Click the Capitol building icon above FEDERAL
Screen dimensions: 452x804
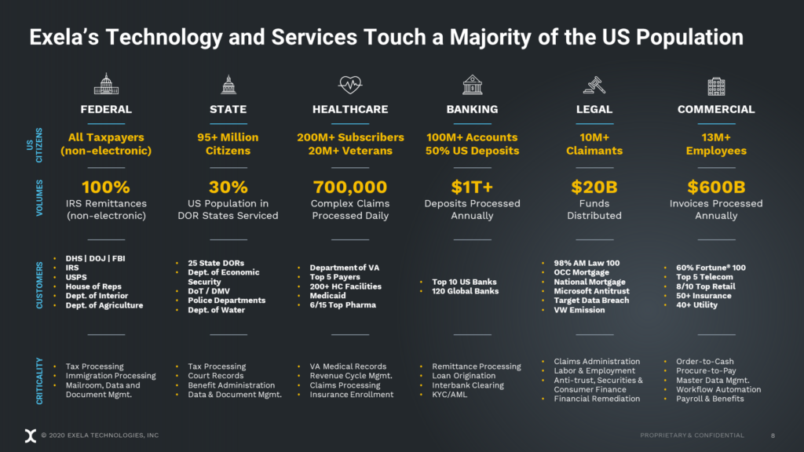pyautogui.click(x=106, y=84)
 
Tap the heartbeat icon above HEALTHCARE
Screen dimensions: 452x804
pyautogui.click(x=350, y=84)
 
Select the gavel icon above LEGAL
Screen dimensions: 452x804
pyautogui.click(x=594, y=84)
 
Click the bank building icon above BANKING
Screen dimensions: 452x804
pyautogui.click(x=472, y=84)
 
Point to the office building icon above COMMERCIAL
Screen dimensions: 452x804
pyautogui.click(x=716, y=85)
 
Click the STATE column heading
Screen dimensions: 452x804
pyautogui.click(x=228, y=109)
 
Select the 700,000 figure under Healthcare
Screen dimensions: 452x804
pyautogui.click(x=350, y=187)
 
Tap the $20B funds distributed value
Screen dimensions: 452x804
pyautogui.click(x=594, y=187)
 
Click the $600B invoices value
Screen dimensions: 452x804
pyautogui.click(x=716, y=187)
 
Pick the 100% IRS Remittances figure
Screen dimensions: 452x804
pyautogui.click(x=106, y=187)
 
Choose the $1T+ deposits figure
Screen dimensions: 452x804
pyautogui.click(x=472, y=187)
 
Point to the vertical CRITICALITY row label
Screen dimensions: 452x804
pyautogui.click(x=40, y=381)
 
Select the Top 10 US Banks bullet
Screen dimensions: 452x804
pyautogui.click(x=464, y=282)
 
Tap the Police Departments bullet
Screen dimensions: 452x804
pyautogui.click(x=226, y=301)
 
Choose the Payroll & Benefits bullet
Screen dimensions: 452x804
pyautogui.click(x=710, y=399)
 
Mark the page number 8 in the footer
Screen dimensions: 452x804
pyautogui.click(x=773, y=435)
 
